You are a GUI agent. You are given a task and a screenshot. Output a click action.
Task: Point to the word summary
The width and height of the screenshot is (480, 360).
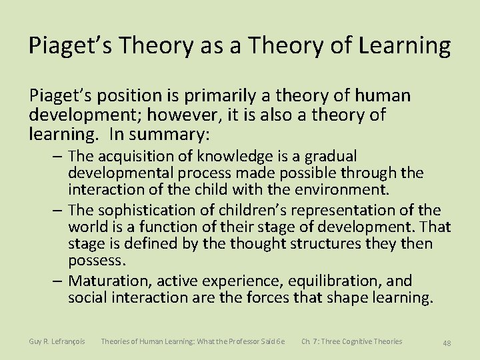169,135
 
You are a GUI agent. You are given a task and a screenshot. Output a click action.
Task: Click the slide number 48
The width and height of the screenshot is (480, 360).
447,343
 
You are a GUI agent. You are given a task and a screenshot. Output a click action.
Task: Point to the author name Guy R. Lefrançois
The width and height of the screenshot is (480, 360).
57,341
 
